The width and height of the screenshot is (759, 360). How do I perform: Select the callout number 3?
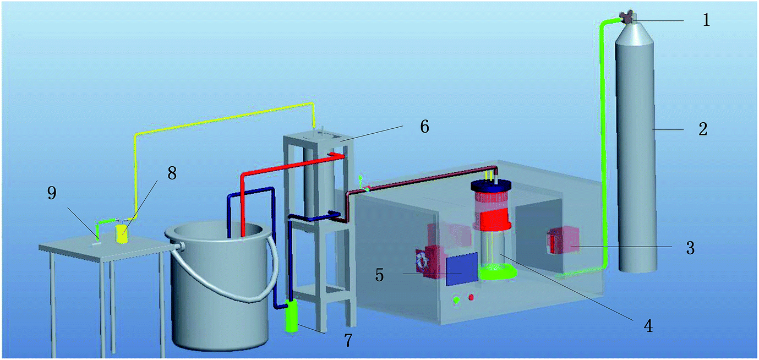click(x=689, y=248)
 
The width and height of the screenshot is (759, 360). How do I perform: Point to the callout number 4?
click(x=649, y=326)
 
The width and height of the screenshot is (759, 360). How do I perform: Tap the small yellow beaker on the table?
click(x=121, y=234)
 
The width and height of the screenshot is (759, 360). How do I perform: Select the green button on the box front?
click(x=456, y=299)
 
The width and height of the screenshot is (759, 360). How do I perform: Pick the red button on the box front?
click(x=472, y=298)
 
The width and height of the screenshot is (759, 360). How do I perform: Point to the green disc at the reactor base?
click(x=497, y=272)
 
